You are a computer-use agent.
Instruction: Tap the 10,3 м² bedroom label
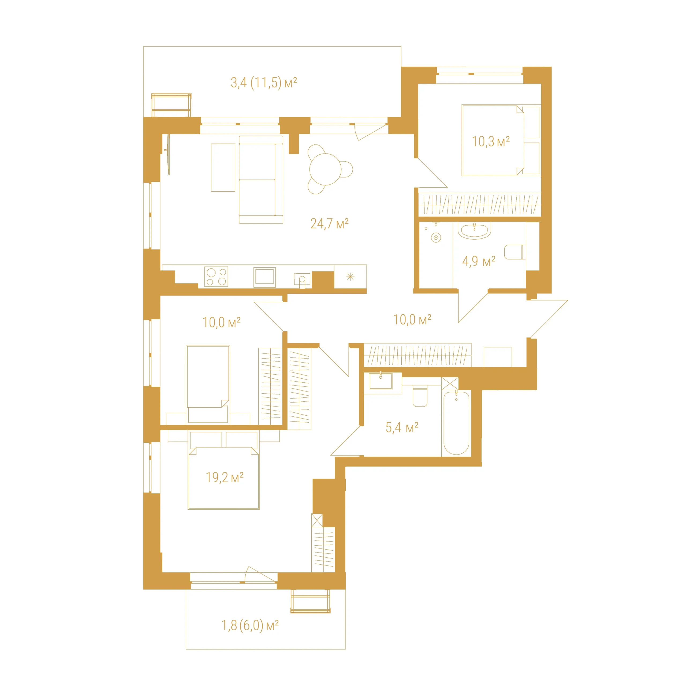click(x=491, y=141)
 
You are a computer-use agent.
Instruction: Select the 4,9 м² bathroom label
click(x=479, y=261)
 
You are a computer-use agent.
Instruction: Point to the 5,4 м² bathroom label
click(x=402, y=427)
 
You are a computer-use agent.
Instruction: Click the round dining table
click(x=325, y=169)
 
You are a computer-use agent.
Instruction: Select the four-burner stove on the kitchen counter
click(x=216, y=277)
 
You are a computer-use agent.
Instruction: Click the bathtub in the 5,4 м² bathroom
click(x=456, y=423)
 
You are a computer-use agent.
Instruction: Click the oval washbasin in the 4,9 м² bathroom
click(x=474, y=230)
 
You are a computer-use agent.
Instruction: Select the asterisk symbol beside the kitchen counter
click(x=350, y=277)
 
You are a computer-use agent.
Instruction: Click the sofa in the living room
click(x=261, y=180)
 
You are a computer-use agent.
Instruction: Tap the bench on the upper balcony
click(x=171, y=105)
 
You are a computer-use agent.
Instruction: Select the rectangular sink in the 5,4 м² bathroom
click(x=381, y=381)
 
